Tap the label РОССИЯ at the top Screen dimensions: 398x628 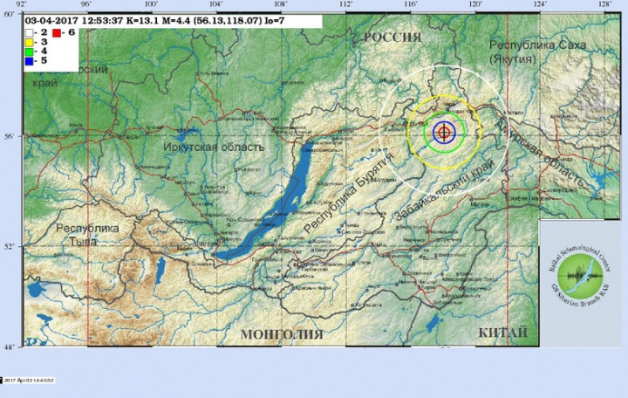(x=392, y=37)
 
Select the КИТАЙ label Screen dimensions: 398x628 (x=502, y=333)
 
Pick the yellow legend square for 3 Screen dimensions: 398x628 (x=29, y=40)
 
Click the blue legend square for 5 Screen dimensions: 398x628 (x=29, y=60)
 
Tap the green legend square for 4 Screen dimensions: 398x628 (x=29, y=50)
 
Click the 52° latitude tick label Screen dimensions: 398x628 (x=10, y=246)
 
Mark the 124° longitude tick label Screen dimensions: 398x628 (x=541, y=4)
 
